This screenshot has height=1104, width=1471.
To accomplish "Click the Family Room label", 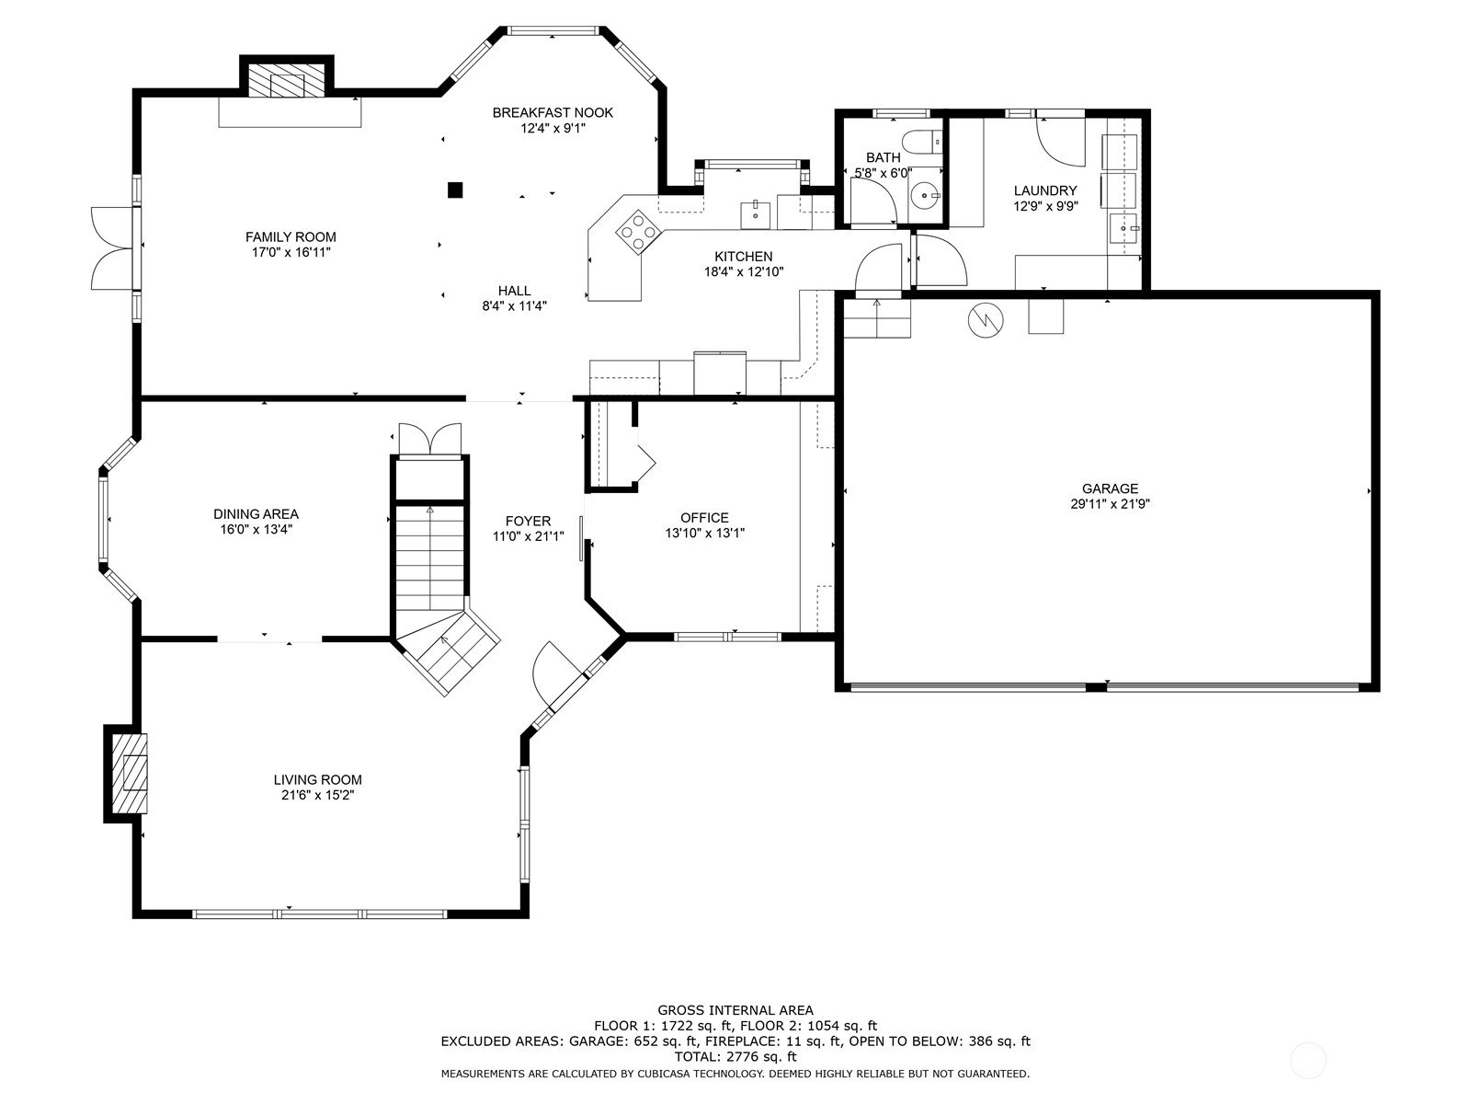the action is coord(291,236).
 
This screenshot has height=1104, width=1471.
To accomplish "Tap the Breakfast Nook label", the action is coord(553,112).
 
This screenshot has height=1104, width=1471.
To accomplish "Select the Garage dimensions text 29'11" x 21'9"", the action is coord(1110,504).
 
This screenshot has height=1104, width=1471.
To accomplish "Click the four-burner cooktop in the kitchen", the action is coord(638,232).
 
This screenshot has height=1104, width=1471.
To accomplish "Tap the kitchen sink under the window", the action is coord(755,213).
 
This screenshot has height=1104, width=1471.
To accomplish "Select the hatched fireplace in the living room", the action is coord(130,774).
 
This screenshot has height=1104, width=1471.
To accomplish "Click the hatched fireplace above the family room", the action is coord(287,80).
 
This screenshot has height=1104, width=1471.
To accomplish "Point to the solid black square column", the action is coord(455,190).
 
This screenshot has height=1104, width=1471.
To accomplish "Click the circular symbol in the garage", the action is coord(986,320).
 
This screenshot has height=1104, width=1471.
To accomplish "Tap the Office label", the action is coord(704,517).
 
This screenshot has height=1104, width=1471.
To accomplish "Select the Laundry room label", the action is coord(1044,190).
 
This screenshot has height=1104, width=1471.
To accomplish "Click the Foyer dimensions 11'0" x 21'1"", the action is coord(528,536).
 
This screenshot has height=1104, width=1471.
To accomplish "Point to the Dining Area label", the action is coord(256,514).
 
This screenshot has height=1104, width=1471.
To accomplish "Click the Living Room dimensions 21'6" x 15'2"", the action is coord(318,795).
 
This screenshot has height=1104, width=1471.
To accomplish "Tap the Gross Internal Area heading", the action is coord(735,1009).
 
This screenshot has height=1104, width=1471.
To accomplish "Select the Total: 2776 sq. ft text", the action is coord(735,1056).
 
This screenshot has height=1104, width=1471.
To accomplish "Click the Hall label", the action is coord(514,290).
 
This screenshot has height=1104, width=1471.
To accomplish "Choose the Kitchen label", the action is coord(743,256).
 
